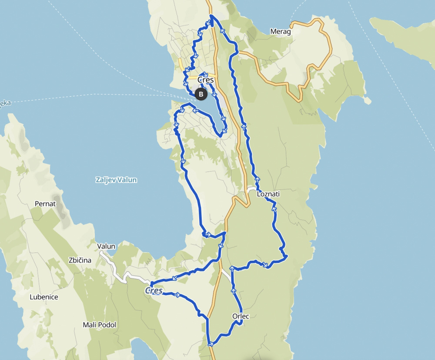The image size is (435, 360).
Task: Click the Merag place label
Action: pos(280,32)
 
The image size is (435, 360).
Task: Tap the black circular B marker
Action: pos(201,94)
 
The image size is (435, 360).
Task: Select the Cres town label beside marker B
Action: pos(206,80)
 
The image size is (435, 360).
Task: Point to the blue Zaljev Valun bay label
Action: pos(116,180)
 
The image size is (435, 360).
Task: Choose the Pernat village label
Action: pos(46,203)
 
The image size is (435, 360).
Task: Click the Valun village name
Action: pos(106,246)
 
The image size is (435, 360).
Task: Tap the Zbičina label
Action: pos(80,260)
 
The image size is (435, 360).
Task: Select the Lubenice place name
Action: pos(43,297)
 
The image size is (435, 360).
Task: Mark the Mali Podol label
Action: pos(100,325)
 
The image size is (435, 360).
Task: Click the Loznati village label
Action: pos(268,195)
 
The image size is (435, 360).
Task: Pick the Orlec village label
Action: pos(241,316)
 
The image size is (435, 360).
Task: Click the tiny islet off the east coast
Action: pos(368,101)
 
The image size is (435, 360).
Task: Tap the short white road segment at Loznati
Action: pos(251,189)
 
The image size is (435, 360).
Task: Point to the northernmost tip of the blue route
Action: pos(211,16)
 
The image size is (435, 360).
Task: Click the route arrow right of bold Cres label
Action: pos(177,295)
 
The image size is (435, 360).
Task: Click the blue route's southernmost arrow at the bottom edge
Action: pos(211,344)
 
